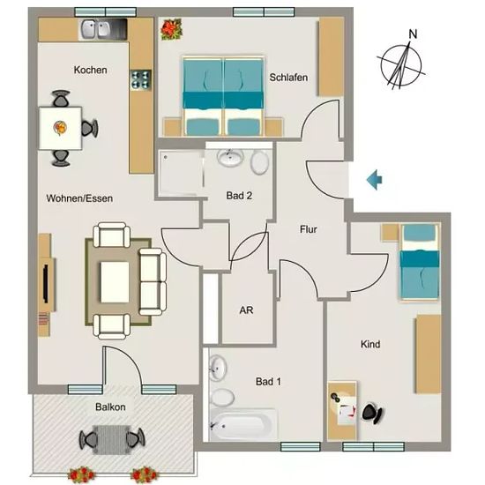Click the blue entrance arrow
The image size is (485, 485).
click(x=374, y=180)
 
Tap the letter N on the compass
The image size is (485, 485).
click(x=413, y=34)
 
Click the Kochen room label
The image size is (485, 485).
click(x=90, y=70)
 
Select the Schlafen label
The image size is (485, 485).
click(x=288, y=78)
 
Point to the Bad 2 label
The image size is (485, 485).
click(x=239, y=196)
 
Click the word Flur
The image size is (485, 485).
click(x=309, y=229)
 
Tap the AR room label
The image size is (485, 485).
click(x=246, y=310)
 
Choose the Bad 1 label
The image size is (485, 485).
click(x=268, y=381)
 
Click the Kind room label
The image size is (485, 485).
click(x=370, y=344)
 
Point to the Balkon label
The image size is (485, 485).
click(x=110, y=407)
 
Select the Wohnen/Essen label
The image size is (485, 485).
click(x=79, y=198)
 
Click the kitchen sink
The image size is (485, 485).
click(x=96, y=29)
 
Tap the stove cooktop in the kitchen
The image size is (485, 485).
click(x=141, y=79)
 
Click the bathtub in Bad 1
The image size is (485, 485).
click(x=243, y=424)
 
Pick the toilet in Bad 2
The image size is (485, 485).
click(x=260, y=161)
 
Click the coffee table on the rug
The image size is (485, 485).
click(x=115, y=282)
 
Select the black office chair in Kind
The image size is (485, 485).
click(x=372, y=413)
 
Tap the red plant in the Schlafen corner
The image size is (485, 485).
click(x=171, y=29)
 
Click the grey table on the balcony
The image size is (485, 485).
click(x=112, y=439)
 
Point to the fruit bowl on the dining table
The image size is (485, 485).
click(x=60, y=128)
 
